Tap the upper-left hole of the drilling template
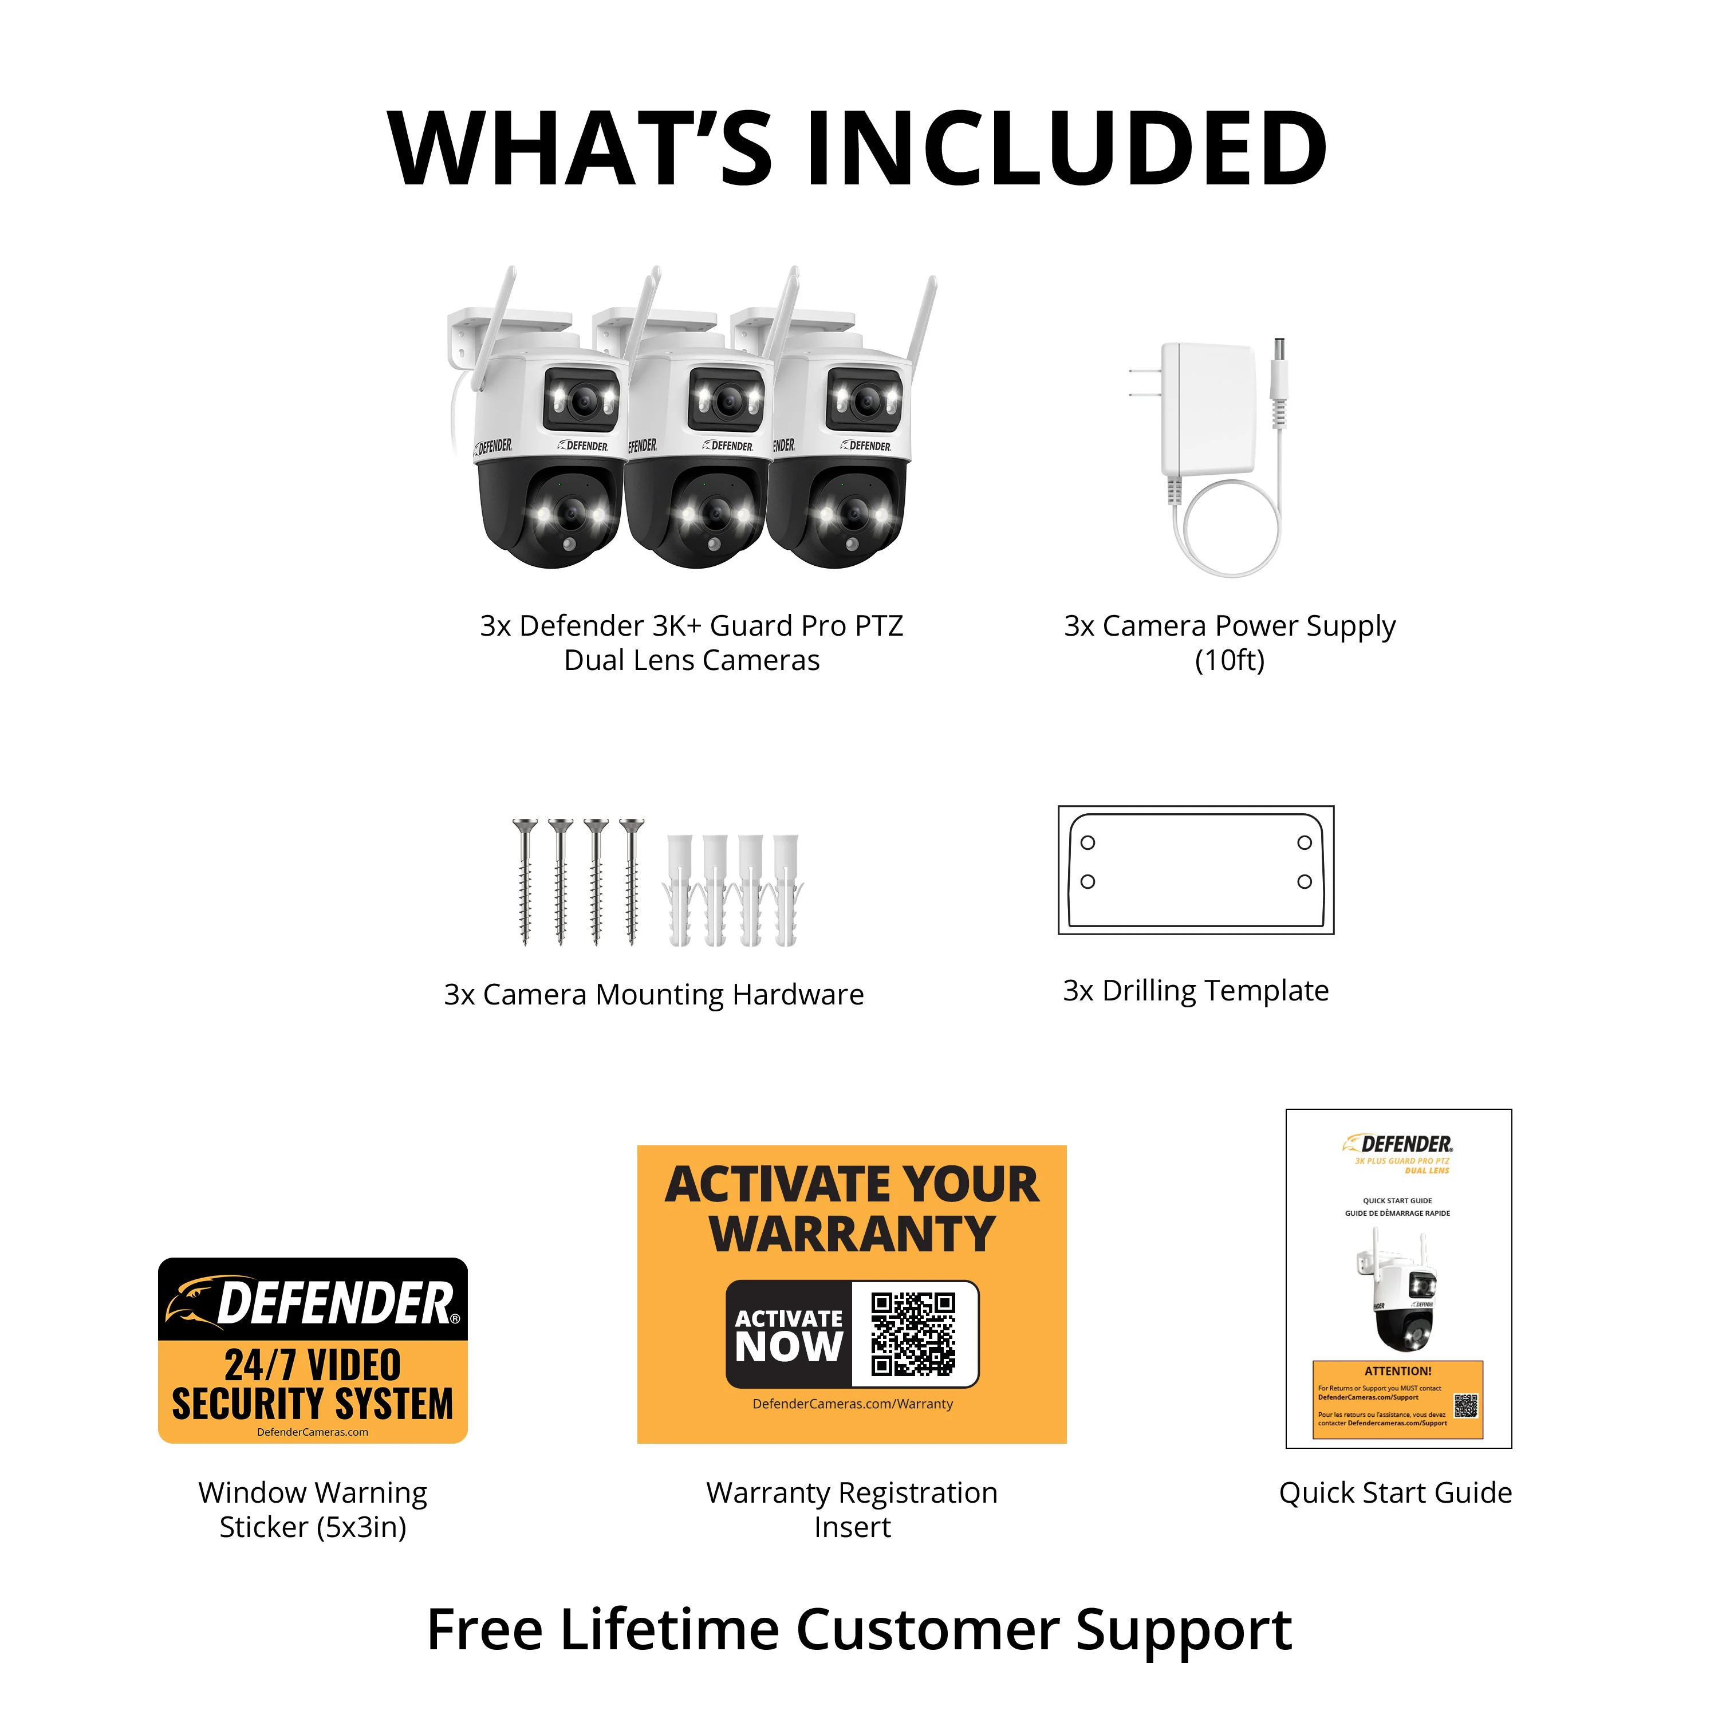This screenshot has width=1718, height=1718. click(x=1087, y=842)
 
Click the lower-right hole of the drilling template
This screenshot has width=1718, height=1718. click(x=1305, y=881)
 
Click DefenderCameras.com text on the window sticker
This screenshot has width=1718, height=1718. click(x=312, y=1432)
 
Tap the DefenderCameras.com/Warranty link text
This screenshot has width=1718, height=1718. click(x=852, y=1403)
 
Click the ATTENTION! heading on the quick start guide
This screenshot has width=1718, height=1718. click(x=1398, y=1370)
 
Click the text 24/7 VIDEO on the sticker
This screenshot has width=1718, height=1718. click(x=312, y=1365)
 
